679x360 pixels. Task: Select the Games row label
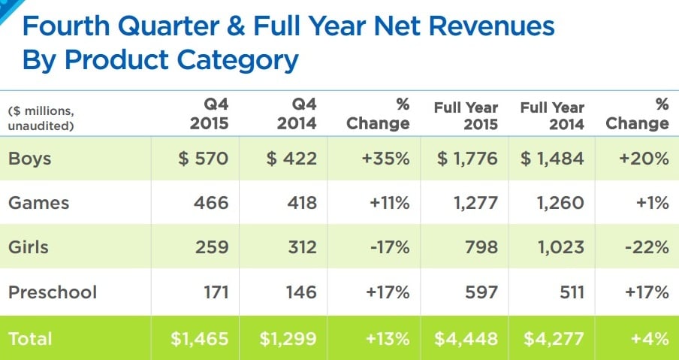point(38,203)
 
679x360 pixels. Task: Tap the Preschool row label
point(53,291)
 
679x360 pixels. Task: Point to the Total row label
point(30,338)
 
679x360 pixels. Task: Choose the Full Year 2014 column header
point(552,115)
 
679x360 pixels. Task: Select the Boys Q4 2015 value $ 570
point(204,159)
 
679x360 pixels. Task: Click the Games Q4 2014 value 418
point(302,203)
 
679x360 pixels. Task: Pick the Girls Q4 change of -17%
point(388,247)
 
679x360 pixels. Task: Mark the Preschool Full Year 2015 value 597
point(481,291)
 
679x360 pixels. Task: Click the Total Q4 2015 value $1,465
point(199,338)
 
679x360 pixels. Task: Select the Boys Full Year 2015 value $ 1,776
point(466,159)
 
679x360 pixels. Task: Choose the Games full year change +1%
point(651,203)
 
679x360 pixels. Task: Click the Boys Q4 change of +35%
point(387,159)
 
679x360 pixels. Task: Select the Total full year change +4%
point(650,338)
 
